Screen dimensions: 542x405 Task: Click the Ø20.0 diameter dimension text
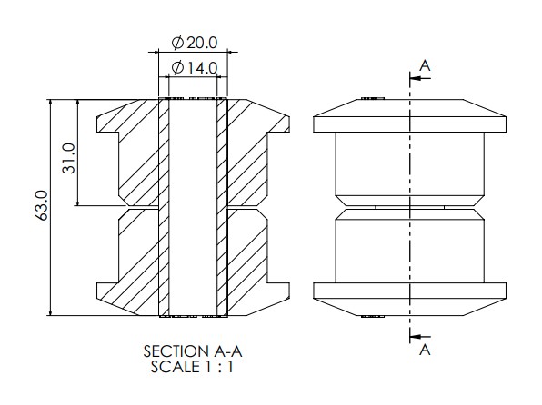coord(195,43)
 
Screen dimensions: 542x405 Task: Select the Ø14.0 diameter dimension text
coord(195,68)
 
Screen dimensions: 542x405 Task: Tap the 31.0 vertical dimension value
coord(68,158)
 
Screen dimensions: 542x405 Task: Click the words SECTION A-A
coord(193,351)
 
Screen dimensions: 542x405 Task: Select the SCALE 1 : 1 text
coord(192,367)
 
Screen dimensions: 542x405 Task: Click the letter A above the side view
coord(425,65)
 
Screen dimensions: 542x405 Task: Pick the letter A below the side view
coord(425,350)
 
